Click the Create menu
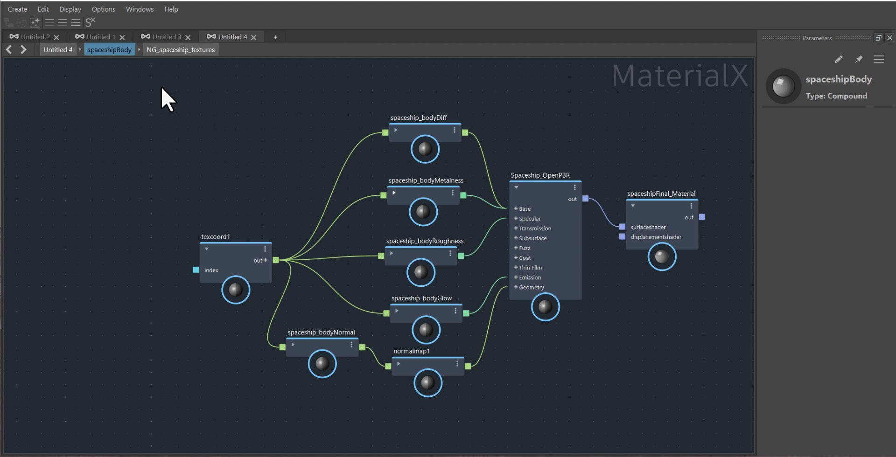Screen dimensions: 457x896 click(17, 9)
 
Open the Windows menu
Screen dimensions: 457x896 click(140, 9)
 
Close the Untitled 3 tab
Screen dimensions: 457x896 click(188, 37)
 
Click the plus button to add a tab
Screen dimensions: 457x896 click(275, 37)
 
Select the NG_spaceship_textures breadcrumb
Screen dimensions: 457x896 click(181, 50)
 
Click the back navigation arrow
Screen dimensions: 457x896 click(9, 49)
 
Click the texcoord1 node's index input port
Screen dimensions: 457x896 click(196, 270)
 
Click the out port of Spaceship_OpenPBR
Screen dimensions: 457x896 click(585, 199)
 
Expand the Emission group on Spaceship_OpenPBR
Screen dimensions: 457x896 click(516, 277)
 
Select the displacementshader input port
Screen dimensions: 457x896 click(622, 237)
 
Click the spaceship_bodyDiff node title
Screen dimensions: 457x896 click(418, 118)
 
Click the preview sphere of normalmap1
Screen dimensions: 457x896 click(427, 383)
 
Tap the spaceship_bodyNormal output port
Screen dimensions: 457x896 click(362, 347)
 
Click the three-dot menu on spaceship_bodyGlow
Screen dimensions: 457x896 click(455, 311)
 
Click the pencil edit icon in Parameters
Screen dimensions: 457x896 click(839, 59)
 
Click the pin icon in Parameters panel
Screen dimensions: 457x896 click(859, 59)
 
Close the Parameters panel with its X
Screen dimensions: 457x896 click(889, 38)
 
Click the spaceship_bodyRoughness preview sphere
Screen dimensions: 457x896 click(420, 272)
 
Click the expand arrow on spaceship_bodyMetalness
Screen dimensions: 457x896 click(394, 193)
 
